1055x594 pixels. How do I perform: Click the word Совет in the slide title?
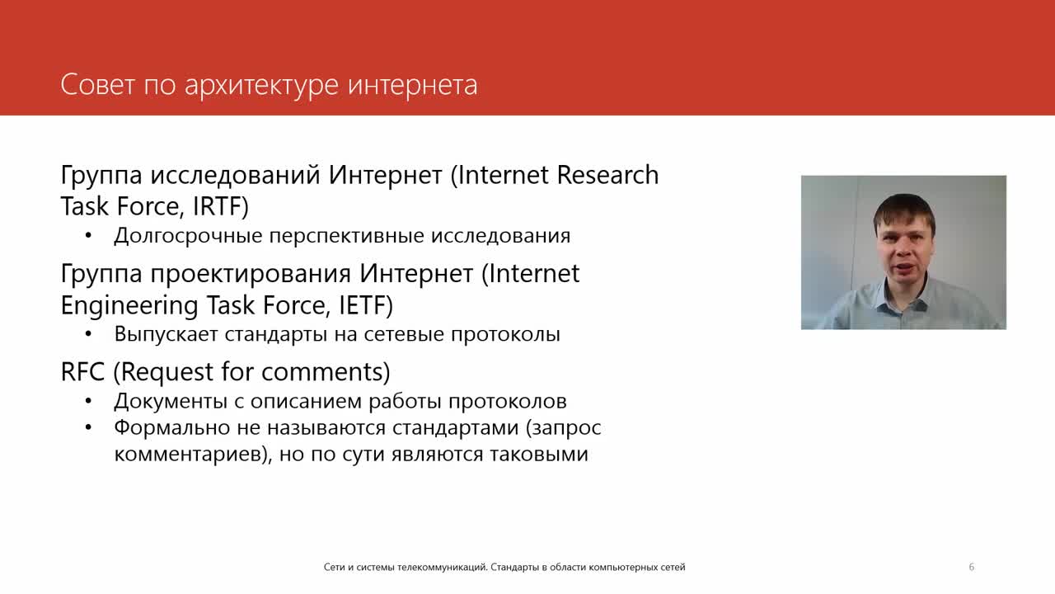97,85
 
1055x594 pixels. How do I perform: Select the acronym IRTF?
220,206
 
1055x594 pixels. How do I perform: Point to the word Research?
607,175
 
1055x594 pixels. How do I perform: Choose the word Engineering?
129,306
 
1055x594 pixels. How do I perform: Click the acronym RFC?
82,371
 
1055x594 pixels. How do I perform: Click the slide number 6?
972,567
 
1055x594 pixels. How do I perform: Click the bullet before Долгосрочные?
88,236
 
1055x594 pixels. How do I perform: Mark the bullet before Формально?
88,427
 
